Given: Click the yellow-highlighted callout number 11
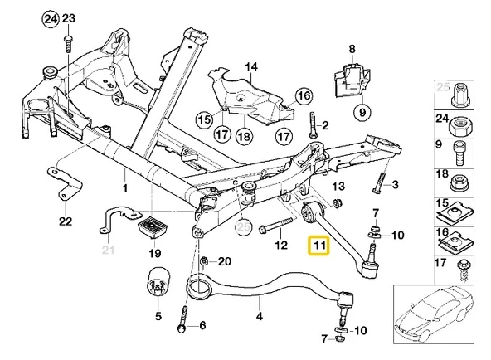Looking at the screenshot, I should tap(318, 247).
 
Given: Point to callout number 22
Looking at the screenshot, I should tap(66, 221).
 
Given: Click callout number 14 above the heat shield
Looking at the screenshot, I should tap(251, 66).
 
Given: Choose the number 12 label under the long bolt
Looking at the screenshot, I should tap(280, 245).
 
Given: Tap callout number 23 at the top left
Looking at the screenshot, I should tap(68, 18).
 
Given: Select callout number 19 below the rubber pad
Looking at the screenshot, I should tap(154, 253).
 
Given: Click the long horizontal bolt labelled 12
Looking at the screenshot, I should tap(277, 225).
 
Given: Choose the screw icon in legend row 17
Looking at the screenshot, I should tap(463, 265).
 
